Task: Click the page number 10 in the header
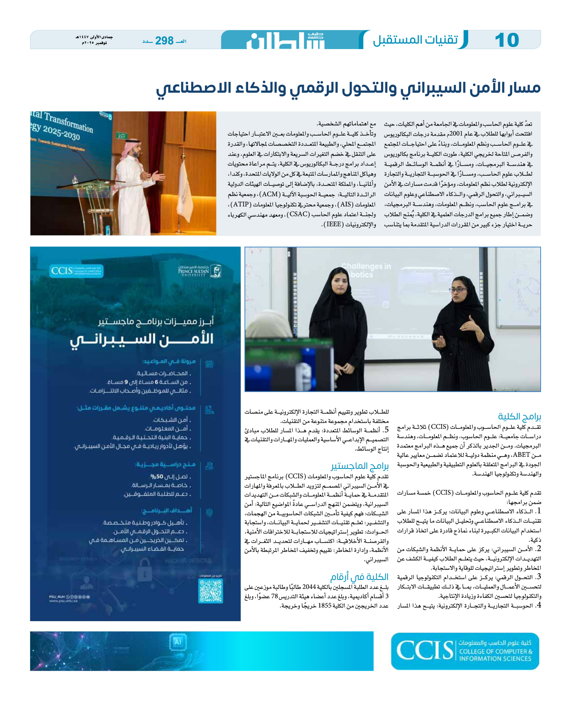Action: pos(507,40)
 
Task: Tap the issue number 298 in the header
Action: pos(164,41)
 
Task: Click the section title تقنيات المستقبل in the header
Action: pos(415,40)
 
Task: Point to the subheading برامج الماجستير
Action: pos(360,466)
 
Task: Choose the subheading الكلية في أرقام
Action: pos(359,577)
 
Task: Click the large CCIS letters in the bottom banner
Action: pos(425,651)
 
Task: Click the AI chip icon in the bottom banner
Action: pos(178,641)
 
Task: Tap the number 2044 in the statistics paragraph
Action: pos(309,587)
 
